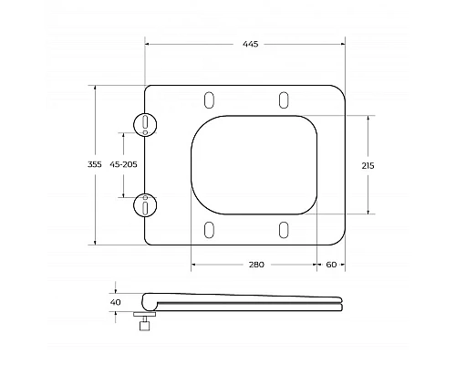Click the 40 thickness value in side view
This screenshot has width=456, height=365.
coord(115,302)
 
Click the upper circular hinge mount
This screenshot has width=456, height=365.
coord(145,124)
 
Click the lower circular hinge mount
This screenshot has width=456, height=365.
coord(145,204)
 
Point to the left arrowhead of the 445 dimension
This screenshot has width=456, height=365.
coord(148,44)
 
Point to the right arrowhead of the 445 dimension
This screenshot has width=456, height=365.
coord(344,44)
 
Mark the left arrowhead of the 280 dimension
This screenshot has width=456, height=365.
coord(193,264)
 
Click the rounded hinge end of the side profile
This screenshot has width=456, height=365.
coord(148,300)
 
